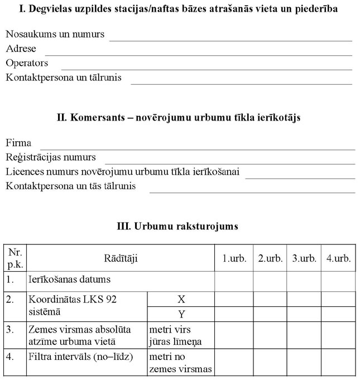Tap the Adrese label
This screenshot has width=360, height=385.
tap(21, 49)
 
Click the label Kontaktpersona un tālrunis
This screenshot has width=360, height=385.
tap(64, 78)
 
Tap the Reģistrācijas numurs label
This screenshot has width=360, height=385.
tap(51, 157)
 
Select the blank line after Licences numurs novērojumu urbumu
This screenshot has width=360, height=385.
tap(300, 175)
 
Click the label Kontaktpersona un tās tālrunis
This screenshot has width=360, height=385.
tap(71, 186)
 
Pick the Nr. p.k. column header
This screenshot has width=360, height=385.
tap(15, 258)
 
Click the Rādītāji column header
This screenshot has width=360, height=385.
tap(121, 258)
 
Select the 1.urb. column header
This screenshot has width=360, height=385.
tap(234, 258)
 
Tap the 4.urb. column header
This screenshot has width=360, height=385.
tap(338, 258)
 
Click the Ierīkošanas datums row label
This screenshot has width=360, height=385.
tap(69, 279)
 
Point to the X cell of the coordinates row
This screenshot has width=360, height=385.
tap(181, 299)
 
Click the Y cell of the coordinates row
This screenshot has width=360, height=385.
tap(181, 314)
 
